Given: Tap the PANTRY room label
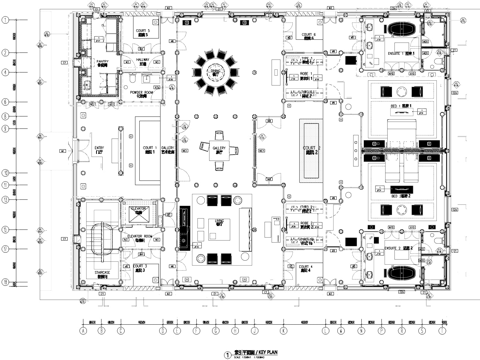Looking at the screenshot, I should coord(103,61).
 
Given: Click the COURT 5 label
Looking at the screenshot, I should coord(140,32).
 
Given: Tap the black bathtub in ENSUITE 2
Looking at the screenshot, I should coord(405,268).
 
